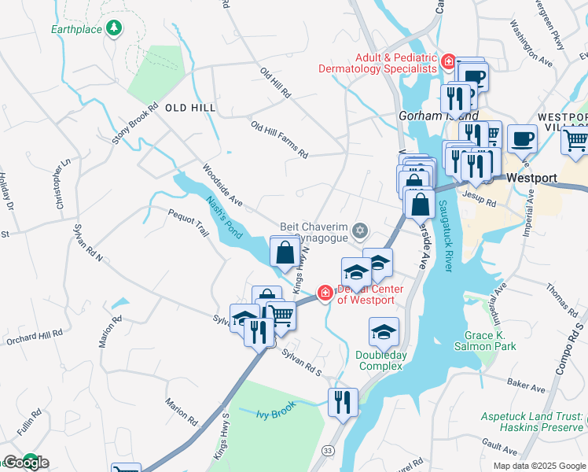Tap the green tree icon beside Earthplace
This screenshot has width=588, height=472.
[x=115, y=28]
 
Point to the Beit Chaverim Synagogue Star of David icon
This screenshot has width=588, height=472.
[x=360, y=230]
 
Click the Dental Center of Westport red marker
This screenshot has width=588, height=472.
[x=324, y=293]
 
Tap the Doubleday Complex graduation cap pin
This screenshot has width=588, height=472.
[x=384, y=332]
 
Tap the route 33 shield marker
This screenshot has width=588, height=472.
[x=327, y=449]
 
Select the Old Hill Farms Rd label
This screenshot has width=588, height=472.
[x=279, y=138]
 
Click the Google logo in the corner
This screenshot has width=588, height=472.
[x=25, y=463]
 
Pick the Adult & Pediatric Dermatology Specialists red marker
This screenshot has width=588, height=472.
[x=448, y=61]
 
